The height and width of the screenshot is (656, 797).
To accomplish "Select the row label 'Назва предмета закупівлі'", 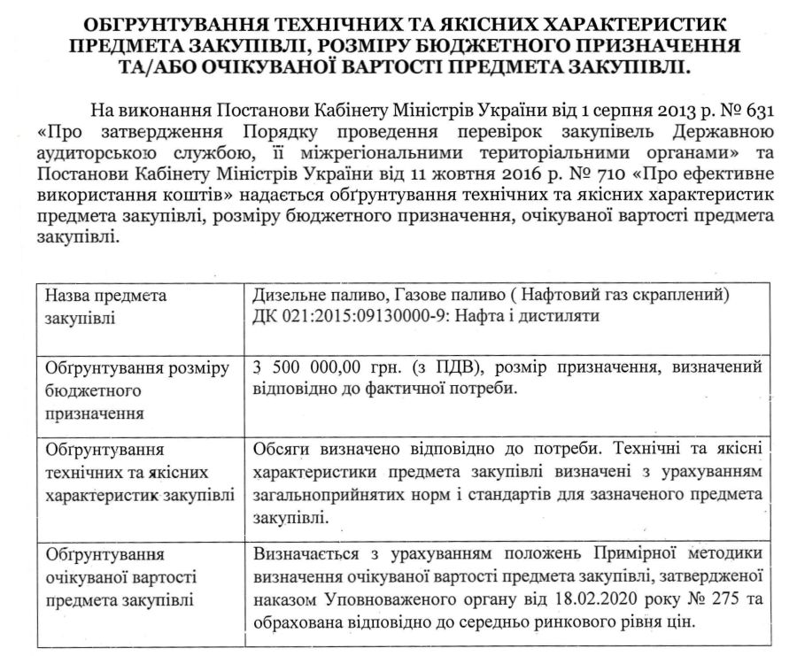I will coord(105,305).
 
